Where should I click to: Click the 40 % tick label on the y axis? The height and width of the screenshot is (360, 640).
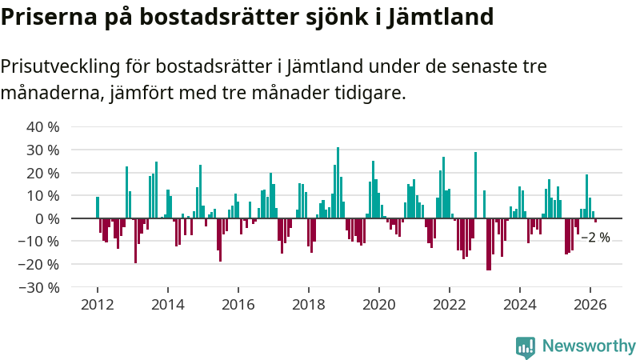coord(43,127)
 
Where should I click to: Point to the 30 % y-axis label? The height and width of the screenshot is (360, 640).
coord(43,150)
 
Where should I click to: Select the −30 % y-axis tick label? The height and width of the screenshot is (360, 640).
coord(39,287)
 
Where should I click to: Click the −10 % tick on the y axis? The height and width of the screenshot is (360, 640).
coord(39,242)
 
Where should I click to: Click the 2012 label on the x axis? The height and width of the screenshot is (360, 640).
coord(97,304)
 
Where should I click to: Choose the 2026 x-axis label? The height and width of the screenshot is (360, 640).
coord(590,304)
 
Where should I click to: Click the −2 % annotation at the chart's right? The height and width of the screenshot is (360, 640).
coord(595,238)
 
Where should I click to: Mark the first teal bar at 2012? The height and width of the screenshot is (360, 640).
coord(98,207)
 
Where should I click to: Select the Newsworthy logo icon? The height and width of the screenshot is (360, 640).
coord(526,346)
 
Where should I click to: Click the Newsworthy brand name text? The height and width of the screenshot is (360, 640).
coord(589,346)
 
